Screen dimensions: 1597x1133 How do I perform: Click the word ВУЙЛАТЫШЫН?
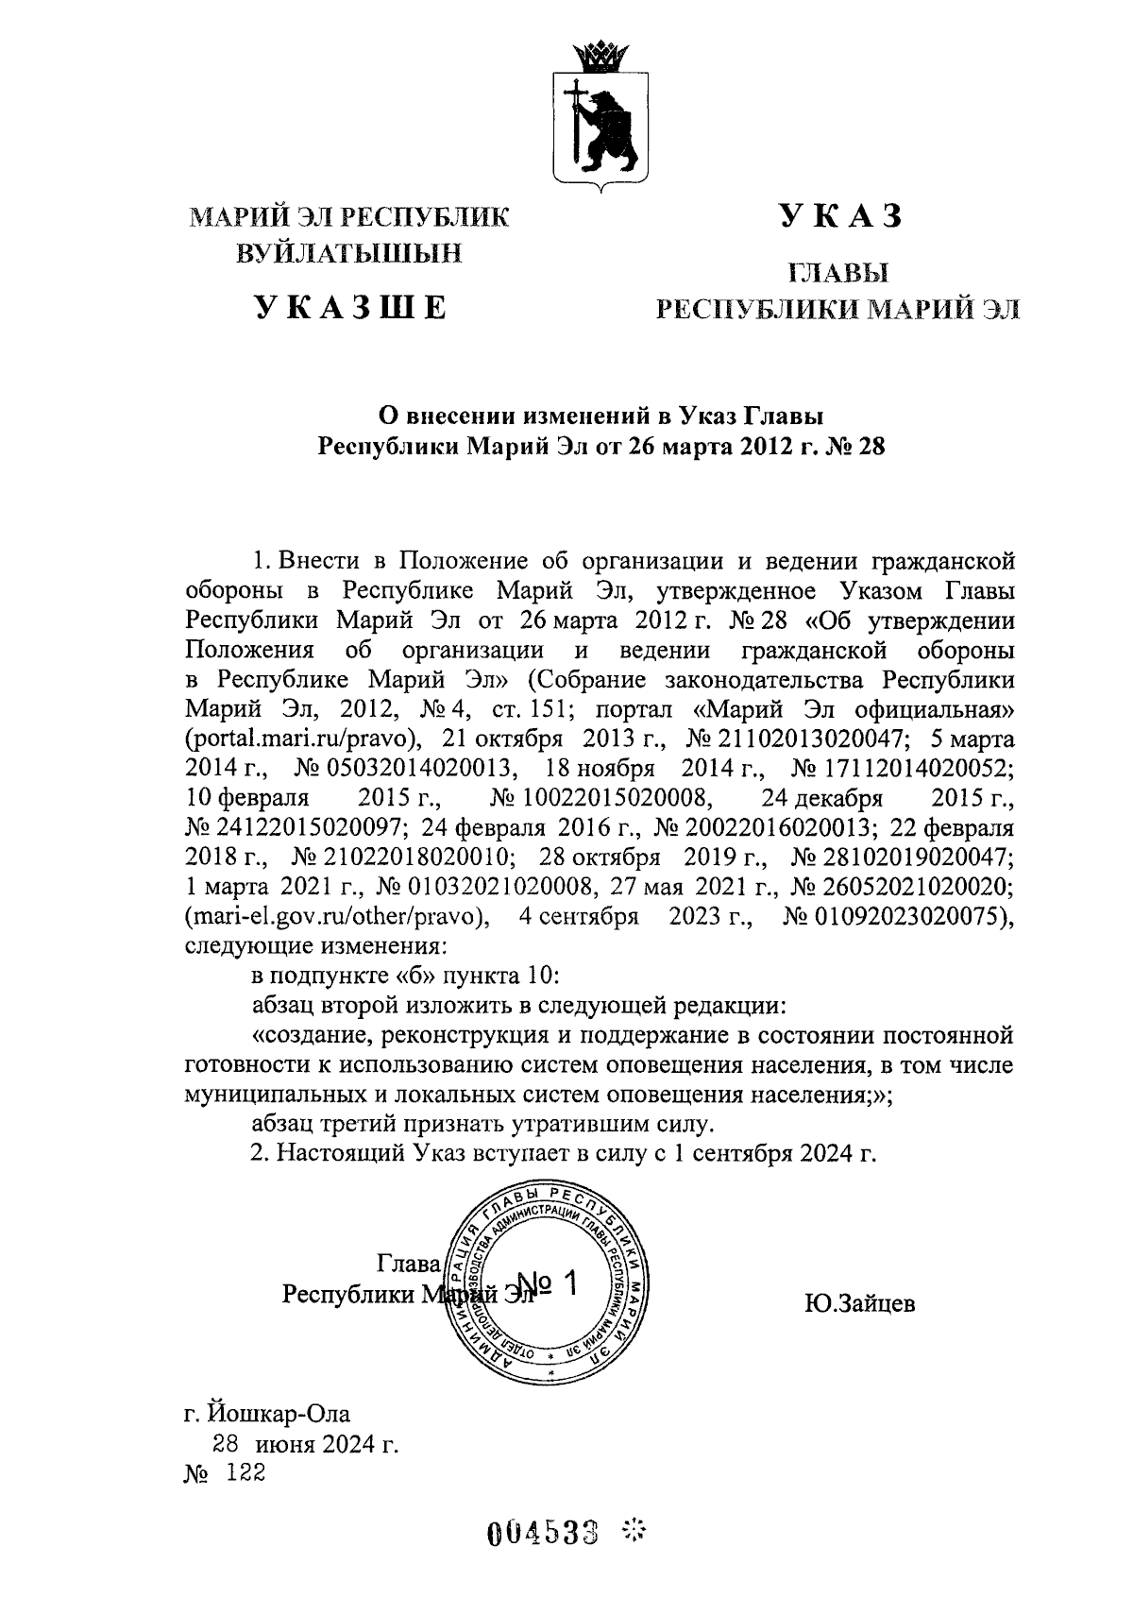point(350,253)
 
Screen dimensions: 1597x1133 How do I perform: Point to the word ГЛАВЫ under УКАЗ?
point(839,274)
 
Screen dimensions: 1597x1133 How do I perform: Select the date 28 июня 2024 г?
point(306,1444)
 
